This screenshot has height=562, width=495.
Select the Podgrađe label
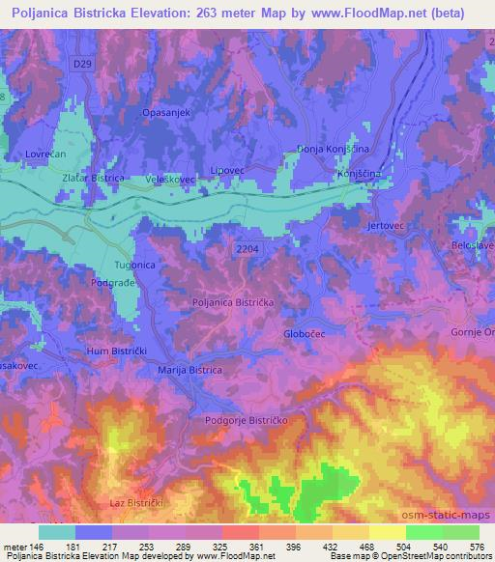click(112, 284)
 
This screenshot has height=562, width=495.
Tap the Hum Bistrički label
click(114, 351)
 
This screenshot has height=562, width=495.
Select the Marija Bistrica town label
click(189, 370)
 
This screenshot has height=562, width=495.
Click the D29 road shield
click(82, 62)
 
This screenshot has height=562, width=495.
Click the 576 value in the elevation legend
click(475, 546)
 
